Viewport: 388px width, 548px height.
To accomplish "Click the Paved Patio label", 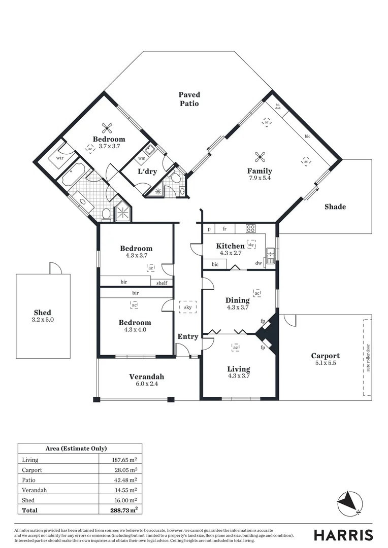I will [189, 99].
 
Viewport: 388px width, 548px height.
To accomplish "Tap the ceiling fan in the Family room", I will [260, 156].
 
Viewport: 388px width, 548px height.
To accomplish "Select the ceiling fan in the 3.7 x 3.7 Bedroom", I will [107, 128].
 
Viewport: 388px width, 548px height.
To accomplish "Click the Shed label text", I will [43, 313].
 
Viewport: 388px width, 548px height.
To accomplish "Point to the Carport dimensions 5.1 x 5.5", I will [325, 364].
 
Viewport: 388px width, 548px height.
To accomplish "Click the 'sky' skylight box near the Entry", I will [188, 307].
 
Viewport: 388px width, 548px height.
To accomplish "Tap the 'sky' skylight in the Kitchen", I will [251, 244].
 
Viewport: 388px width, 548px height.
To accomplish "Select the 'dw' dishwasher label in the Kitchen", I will [258, 263].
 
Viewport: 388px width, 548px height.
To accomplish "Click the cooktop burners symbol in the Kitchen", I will [250, 228].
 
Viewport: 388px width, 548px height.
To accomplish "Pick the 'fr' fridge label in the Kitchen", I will [224, 229].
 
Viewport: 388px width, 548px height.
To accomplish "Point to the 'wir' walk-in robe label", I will [59, 158].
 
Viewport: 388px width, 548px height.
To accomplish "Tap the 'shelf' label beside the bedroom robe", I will [161, 283].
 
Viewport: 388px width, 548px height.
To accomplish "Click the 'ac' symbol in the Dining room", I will [257, 293].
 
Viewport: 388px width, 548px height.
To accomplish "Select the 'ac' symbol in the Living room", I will [235, 348].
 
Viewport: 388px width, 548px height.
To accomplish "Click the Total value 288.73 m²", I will [122, 510].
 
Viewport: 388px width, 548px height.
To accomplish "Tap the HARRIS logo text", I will [343, 535].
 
